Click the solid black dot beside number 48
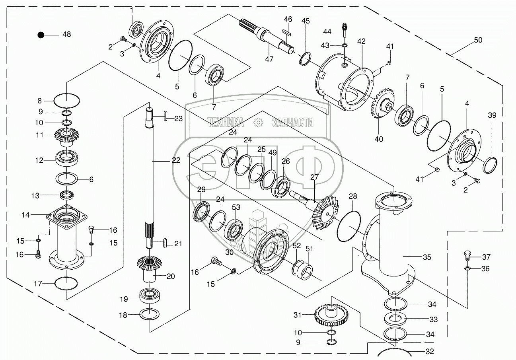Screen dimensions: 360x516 [x=41, y=35]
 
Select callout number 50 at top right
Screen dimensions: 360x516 [x=477, y=40]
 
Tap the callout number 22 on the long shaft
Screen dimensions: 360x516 [x=176, y=160]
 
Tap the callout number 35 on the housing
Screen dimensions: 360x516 [x=426, y=257]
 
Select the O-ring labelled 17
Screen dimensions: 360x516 [x=66, y=284]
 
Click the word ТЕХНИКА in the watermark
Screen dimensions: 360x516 [x=225, y=123]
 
